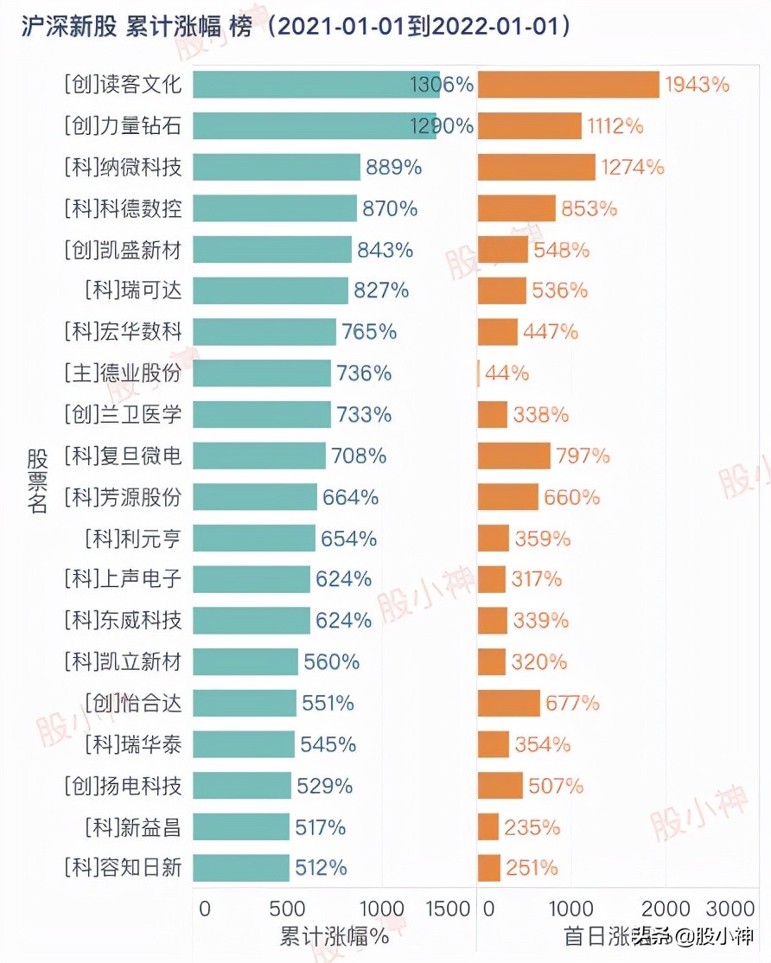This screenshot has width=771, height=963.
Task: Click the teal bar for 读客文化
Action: pyautogui.click(x=315, y=85)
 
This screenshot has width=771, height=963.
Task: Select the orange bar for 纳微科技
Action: pyautogui.click(x=536, y=167)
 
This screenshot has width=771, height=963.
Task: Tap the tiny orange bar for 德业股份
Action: pyautogui.click(x=479, y=373)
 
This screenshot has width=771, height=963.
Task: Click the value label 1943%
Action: pyautogui.click(x=697, y=85)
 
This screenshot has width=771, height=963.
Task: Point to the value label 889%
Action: pyautogui.click(x=393, y=167)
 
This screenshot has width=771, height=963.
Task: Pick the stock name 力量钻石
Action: pyautogui.click(x=123, y=126)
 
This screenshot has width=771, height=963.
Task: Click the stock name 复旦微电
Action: pyautogui.click(x=123, y=456)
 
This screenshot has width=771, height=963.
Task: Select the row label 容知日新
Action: pyautogui.click(x=123, y=868)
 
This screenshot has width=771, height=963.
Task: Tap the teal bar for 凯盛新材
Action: pyautogui.click(x=272, y=250)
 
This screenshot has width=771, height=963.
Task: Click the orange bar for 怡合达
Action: pyautogui.click(x=508, y=703)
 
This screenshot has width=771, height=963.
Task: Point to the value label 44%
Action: pyautogui.click(x=507, y=373)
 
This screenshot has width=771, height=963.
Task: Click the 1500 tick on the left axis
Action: pyautogui.click(x=448, y=909)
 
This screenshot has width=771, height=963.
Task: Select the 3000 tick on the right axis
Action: pyautogui.click(x=731, y=909)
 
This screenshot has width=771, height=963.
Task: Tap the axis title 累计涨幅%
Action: pyautogui.click(x=334, y=936)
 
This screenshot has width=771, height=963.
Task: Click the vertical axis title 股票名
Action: pyautogui.click(x=36, y=481)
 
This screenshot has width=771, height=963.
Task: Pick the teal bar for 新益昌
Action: pyautogui.click(x=241, y=827)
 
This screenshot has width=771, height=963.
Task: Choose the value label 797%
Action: pyautogui.click(x=583, y=456)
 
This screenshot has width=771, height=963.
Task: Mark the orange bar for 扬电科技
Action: pyautogui.click(x=500, y=786)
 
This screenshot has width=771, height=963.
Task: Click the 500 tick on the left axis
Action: pyautogui.click(x=287, y=909)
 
